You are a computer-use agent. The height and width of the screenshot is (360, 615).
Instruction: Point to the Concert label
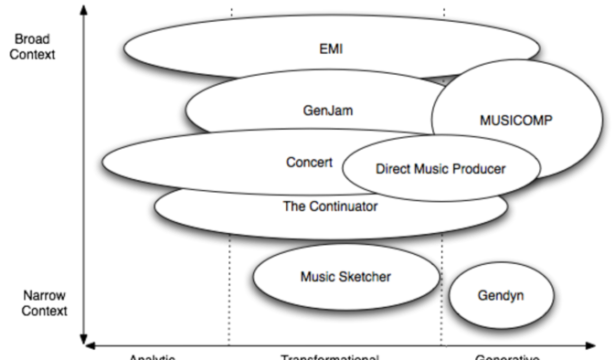coord(309,161)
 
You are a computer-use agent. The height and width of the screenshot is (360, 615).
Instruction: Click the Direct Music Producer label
coord(440,168)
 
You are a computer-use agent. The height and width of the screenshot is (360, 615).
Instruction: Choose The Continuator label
coord(330,207)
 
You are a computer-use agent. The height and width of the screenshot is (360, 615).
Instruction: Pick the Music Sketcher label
coord(345,275)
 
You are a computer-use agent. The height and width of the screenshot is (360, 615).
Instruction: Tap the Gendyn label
coord(500,296)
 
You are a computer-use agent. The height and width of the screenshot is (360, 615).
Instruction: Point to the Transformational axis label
coord(330,356)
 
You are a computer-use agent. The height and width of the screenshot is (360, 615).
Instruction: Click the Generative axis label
coord(508,356)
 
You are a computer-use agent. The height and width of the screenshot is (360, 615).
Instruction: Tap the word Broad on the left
coord(27,38)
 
